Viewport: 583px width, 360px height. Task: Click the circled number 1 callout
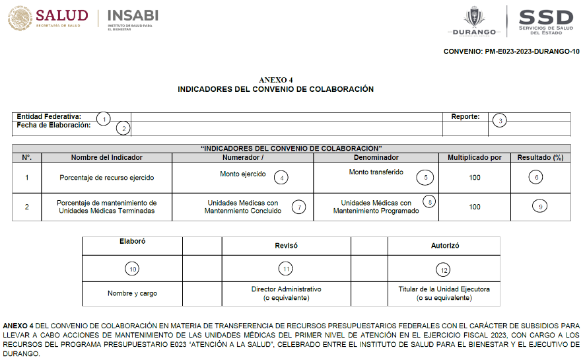(x=103, y=119)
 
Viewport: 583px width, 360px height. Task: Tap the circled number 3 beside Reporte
(x=501, y=120)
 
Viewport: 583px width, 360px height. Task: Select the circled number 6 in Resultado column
(x=537, y=177)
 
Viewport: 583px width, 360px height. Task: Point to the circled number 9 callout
(x=540, y=206)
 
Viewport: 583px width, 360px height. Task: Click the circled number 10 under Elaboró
(x=132, y=269)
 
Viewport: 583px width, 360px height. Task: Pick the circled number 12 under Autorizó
(x=444, y=270)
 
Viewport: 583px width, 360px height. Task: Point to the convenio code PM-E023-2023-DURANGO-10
(x=512, y=52)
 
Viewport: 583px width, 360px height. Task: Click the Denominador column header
(x=376, y=157)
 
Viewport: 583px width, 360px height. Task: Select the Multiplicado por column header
(x=474, y=157)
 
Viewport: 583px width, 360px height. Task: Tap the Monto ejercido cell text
(x=243, y=174)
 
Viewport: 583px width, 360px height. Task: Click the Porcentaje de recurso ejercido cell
(x=92, y=178)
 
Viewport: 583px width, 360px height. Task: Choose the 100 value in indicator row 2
(x=474, y=207)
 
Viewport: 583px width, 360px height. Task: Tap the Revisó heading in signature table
(x=286, y=245)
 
